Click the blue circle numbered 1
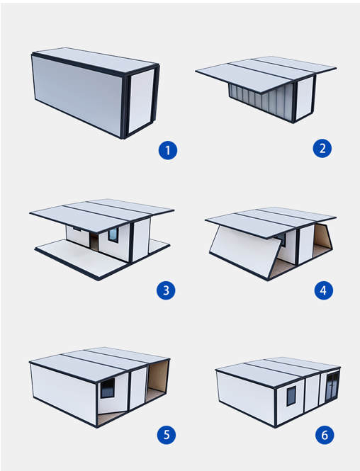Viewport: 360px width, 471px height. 168,150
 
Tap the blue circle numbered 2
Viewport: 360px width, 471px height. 322,149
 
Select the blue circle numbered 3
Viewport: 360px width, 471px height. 166,290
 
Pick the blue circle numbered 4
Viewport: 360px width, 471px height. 324,290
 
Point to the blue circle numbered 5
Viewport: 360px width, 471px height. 167,435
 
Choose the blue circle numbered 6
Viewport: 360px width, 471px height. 325,435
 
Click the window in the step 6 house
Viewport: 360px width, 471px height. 291,396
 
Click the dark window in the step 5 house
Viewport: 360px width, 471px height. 108,388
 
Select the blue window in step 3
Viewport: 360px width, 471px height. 113,234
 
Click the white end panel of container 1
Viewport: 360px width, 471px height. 140,101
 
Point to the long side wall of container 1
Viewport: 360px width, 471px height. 77,95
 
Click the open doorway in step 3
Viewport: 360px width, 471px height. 94,242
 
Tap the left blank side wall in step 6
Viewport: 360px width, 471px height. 246,397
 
